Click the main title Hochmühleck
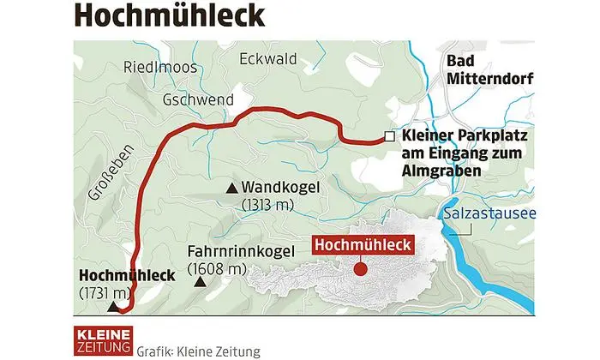click(x=156, y=15)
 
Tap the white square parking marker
click(x=389, y=136)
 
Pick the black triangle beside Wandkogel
click(x=231, y=188)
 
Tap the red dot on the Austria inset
click(x=361, y=268)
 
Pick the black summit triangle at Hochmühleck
click(x=112, y=304)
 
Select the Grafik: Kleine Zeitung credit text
click(x=196, y=351)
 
